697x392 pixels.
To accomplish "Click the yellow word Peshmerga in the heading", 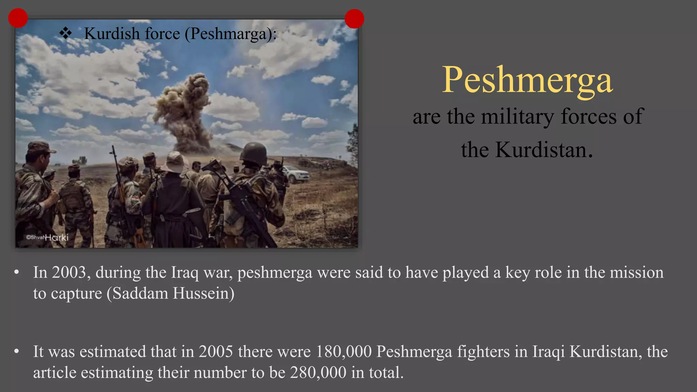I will pos(527,80).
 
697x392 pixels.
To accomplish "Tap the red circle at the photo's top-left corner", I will pos(18,18).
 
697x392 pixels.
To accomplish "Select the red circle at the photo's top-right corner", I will pos(354,19).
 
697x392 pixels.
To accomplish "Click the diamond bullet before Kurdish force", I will pos(65,33).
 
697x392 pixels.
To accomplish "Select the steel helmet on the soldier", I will pos(254,153).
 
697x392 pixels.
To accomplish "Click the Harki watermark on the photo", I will pos(56,237).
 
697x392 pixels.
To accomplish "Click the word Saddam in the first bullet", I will pos(140,293).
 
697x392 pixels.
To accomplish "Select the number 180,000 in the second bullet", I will pos(343,352).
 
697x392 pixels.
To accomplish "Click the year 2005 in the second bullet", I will pos(216,352).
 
